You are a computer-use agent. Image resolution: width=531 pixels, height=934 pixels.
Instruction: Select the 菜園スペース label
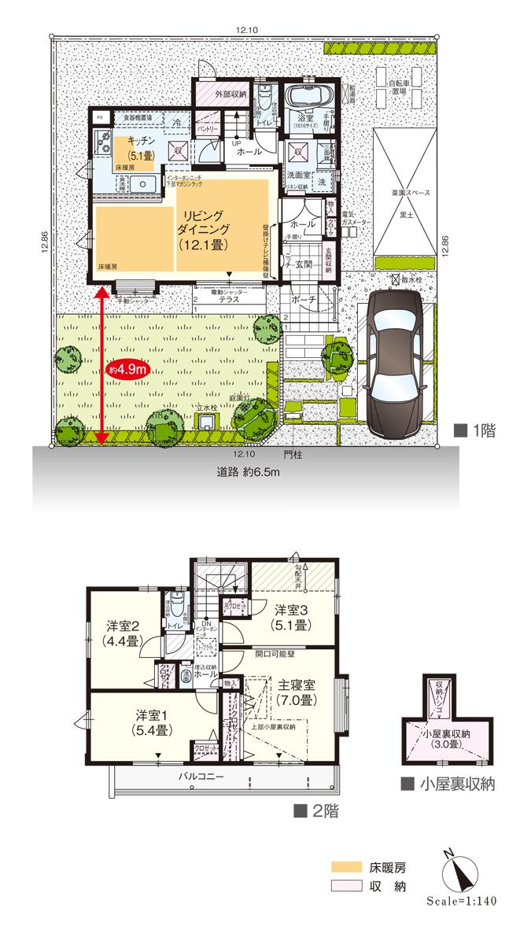tap(407, 191)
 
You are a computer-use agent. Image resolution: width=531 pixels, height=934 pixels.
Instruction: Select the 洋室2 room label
tap(123, 633)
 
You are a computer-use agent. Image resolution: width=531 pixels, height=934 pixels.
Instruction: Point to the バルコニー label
tap(201, 775)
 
